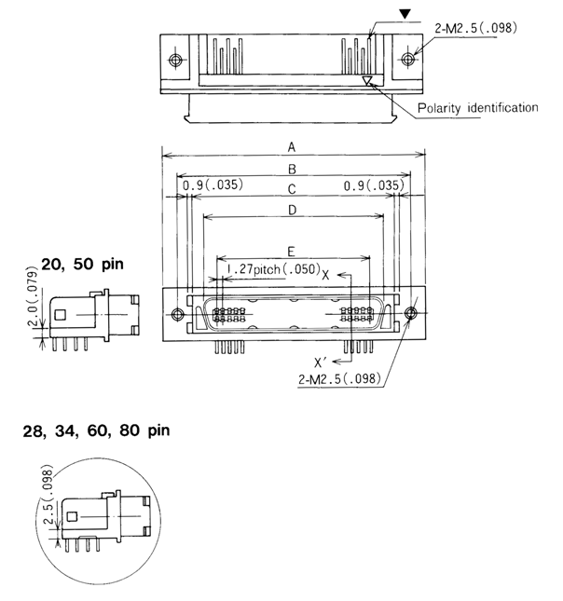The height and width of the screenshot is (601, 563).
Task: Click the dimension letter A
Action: [292, 147]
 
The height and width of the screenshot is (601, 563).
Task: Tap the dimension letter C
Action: [292, 189]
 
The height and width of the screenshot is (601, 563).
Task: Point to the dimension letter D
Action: [292, 211]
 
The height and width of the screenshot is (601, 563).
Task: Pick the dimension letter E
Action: [292, 253]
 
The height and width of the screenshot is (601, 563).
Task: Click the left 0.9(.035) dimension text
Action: [213, 185]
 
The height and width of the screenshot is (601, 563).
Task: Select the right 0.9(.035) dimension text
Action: [373, 185]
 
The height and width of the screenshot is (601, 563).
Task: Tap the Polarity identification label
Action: [478, 108]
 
